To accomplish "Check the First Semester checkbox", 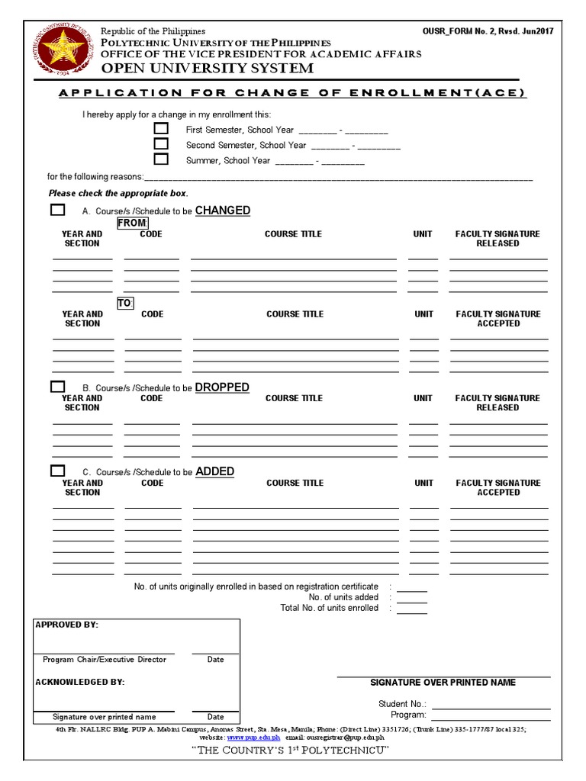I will click(161, 129).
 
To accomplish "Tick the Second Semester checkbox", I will click(161, 144).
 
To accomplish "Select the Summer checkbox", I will click(161, 159).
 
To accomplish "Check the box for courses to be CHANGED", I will click(58, 210).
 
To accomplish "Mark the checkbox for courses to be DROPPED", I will click(58, 387).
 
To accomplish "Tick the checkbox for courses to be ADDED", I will click(58, 471).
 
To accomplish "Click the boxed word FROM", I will click(132, 223).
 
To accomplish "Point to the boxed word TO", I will click(125, 303).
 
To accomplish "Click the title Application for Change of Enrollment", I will click(293, 93).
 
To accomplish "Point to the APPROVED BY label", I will click(67, 625).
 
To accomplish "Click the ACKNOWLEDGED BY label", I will click(79, 682).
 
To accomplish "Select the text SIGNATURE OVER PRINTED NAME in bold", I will click(443, 683).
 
